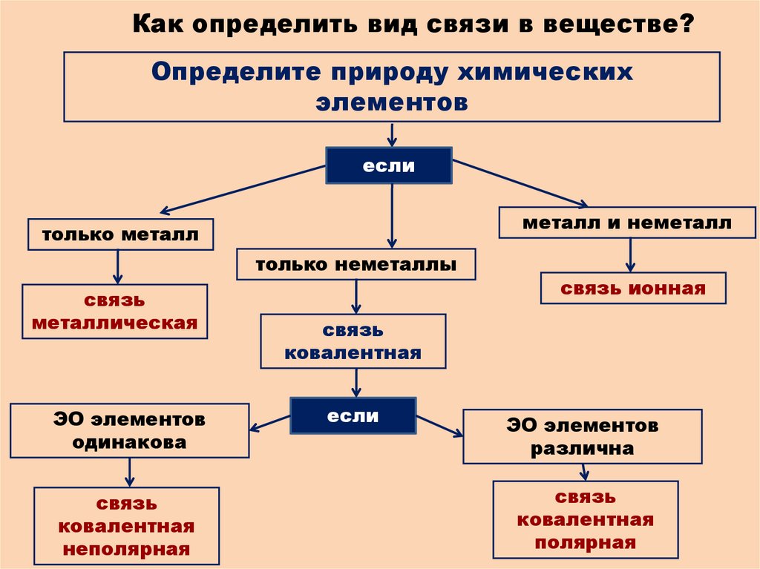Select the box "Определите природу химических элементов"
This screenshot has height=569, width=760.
pyautogui.click(x=391, y=86)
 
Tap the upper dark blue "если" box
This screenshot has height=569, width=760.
pyautogui.click(x=389, y=165)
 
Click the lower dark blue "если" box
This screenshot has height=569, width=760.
pyautogui.click(x=353, y=416)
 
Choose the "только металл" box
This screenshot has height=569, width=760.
pyautogui.click(x=120, y=235)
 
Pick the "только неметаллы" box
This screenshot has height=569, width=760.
pyautogui.click(x=356, y=264)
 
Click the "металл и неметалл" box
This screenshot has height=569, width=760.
pyautogui.click(x=626, y=223)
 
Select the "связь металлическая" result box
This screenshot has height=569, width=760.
pyautogui.click(x=115, y=312)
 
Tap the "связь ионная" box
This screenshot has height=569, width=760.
pyautogui.click(x=632, y=289)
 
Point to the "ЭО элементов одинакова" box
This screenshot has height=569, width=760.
pyautogui.click(x=129, y=431)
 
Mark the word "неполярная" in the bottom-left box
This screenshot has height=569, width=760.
pyautogui.click(x=126, y=550)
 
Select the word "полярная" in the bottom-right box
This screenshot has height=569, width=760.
pyautogui.click(x=585, y=542)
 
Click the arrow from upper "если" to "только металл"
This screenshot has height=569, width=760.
pyautogui.click(x=245, y=188)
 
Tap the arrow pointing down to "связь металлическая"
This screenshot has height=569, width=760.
pyautogui.click(x=117, y=267)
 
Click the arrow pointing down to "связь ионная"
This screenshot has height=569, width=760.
pyautogui.click(x=630, y=257)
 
